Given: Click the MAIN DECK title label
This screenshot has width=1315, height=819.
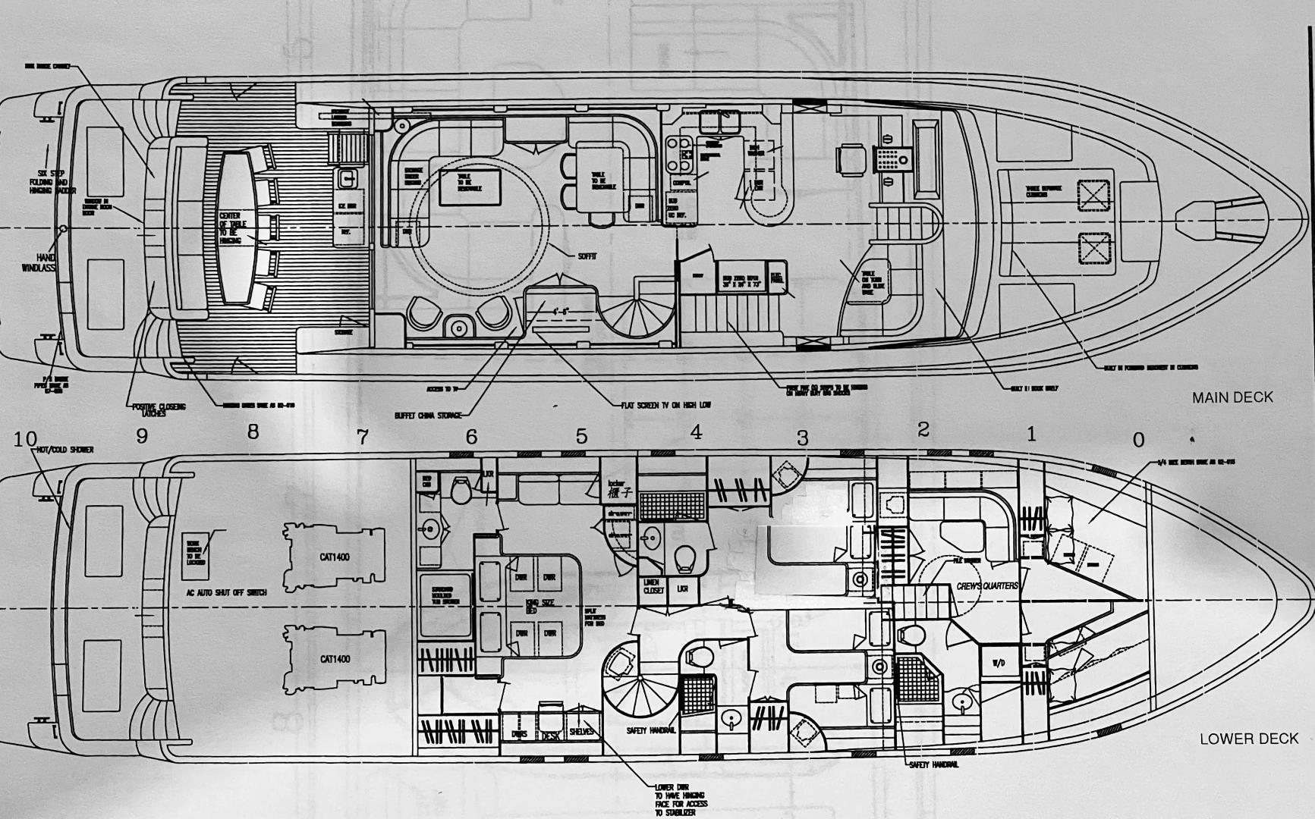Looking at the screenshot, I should coord(1232,397).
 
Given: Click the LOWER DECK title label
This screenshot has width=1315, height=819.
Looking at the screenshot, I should coord(1249,739).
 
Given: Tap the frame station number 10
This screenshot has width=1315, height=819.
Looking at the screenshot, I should coord(25,439).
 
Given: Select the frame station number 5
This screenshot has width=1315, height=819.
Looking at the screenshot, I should coord(581,436).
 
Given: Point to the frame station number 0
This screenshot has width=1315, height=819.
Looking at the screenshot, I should coord(1138,440).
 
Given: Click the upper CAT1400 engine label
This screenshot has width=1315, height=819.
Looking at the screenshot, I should coord(335,557).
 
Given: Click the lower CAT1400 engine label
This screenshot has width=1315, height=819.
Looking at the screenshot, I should coord(335,659).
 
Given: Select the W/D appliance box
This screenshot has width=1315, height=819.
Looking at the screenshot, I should coord(998,663).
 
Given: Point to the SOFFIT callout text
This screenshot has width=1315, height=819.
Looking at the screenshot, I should coord(587,257).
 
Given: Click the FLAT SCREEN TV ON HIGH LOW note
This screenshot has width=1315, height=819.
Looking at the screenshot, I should coord(665,405).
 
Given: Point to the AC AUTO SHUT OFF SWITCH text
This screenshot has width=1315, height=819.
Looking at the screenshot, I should coord(226,592).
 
